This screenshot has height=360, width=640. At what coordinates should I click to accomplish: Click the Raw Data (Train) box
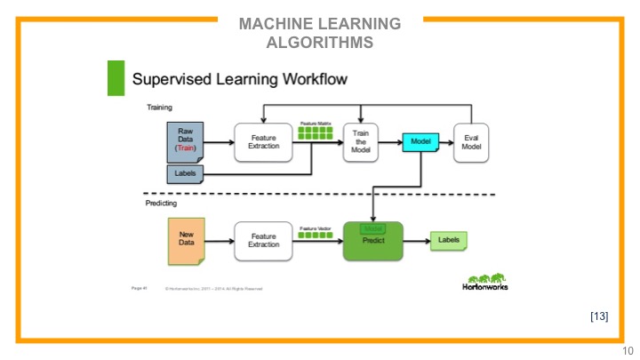tap(186, 142)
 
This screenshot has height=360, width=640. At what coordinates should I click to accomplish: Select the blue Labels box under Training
tap(187, 172)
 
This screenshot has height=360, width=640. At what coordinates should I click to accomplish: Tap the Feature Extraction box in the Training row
tap(263, 142)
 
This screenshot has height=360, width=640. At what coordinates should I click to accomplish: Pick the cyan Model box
tap(420, 141)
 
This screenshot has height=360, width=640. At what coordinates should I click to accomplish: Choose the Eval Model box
tap(471, 142)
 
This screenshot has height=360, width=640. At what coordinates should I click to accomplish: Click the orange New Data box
tap(186, 239)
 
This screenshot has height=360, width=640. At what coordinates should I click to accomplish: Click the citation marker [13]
tap(599, 316)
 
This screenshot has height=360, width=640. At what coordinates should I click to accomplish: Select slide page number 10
tap(628, 350)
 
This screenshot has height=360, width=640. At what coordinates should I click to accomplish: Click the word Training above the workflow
tap(160, 108)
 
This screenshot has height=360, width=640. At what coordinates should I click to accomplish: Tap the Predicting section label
tap(162, 204)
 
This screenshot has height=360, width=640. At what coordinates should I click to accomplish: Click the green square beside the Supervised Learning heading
tap(116, 78)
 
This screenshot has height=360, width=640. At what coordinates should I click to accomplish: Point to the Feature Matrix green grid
tap(313, 133)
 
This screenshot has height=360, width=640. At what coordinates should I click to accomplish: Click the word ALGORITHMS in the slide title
tap(320, 42)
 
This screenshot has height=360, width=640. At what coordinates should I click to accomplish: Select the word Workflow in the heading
tap(310, 79)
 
